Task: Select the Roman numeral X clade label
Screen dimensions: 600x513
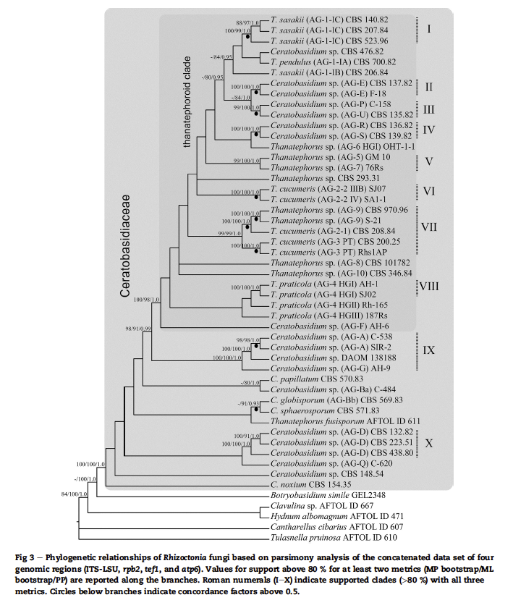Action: [429, 443]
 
